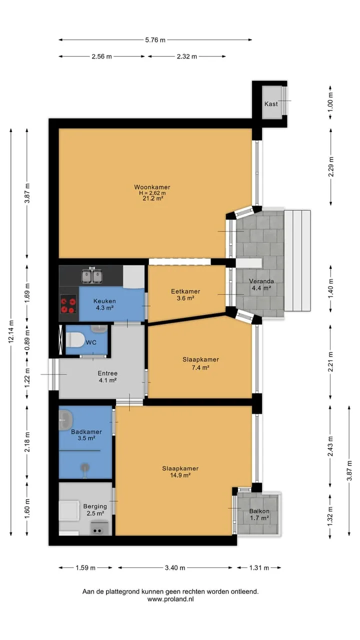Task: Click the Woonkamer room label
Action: pos(152,187)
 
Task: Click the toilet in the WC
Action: pos(75,339)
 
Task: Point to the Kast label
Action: pos(271,104)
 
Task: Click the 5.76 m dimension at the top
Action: pos(155,40)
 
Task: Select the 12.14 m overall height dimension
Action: pos(11,331)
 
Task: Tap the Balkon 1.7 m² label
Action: pos(259,514)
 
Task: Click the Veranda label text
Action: pos(261,281)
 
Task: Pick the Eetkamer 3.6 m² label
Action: pos(185,295)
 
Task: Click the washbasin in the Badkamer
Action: pos(65,420)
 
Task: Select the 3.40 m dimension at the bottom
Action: pos(175,567)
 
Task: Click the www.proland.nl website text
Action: pos(170,599)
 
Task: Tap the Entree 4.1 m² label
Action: pos(107,376)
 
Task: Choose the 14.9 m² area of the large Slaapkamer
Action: pos(180,475)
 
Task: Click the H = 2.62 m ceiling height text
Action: pos(152,193)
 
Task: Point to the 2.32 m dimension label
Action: pos(187,56)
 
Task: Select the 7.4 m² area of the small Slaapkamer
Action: pos(200,367)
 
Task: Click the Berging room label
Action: pos(95,506)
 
